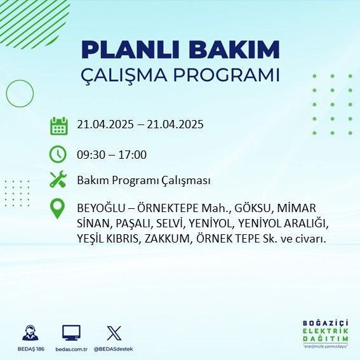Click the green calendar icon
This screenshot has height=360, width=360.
[x=58, y=126]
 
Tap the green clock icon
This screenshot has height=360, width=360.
[x=58, y=154]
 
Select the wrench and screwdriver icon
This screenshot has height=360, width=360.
[x=58, y=180]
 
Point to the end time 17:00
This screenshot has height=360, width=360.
[x=133, y=154]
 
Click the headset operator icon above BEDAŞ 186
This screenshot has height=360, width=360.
[x=30, y=332]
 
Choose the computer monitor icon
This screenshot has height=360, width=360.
[x=71, y=332]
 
